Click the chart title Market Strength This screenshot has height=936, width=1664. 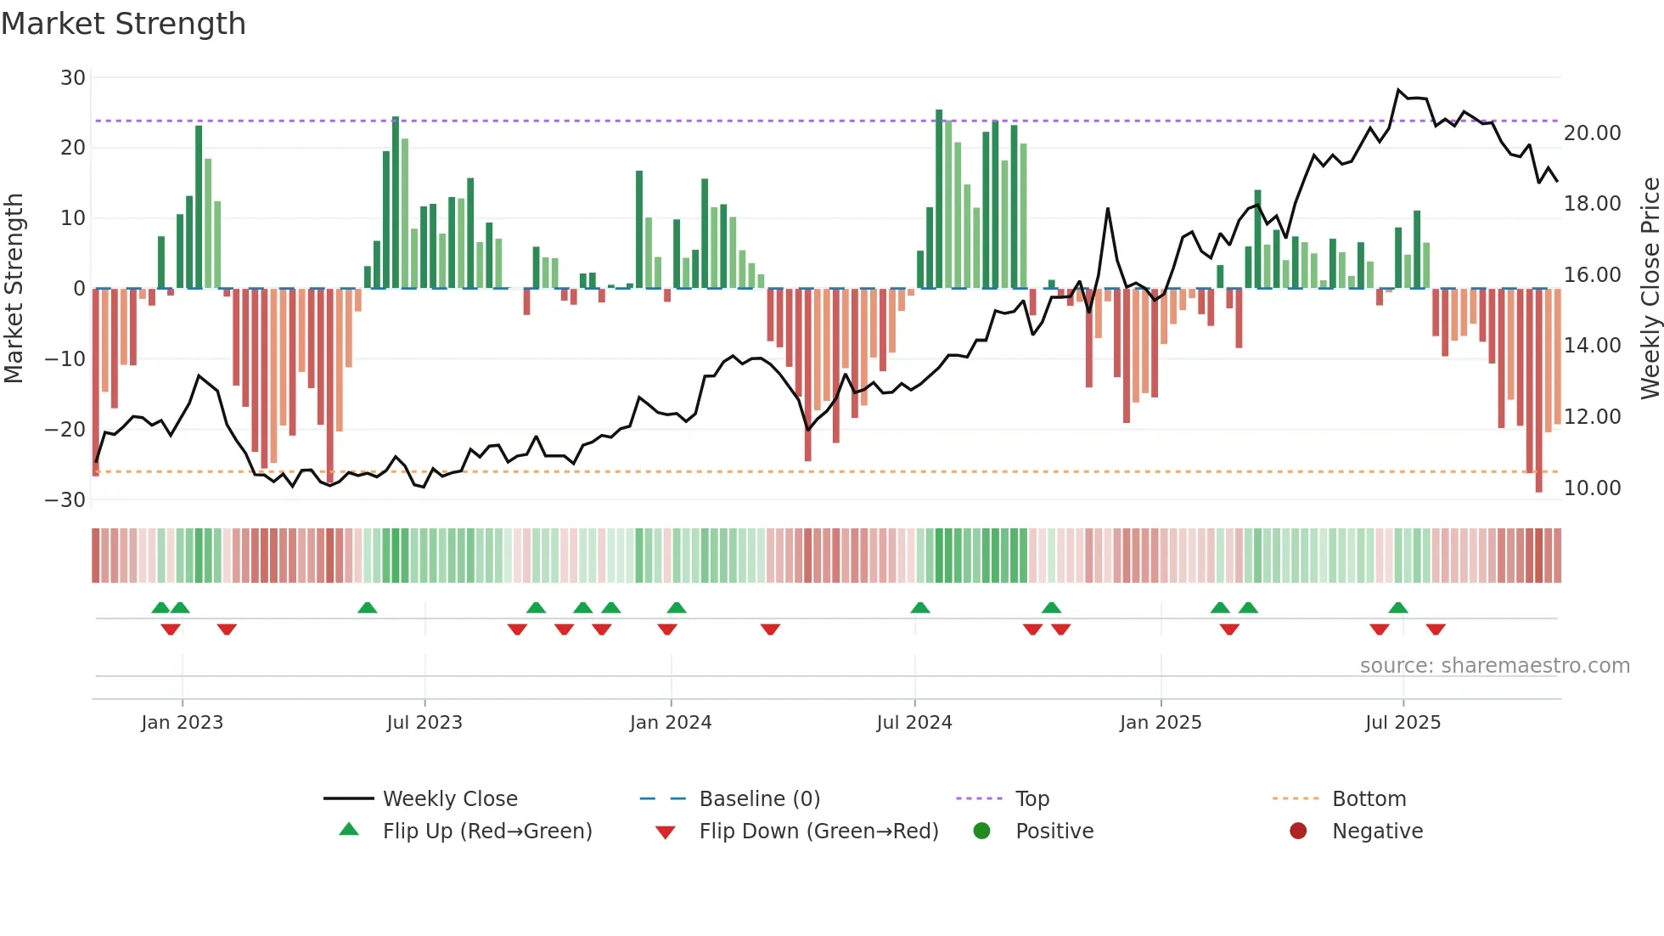coord(124,24)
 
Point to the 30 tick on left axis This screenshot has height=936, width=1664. coord(73,78)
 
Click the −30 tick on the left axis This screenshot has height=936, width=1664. coord(65,499)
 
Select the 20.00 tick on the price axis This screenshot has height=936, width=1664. coord(1592,133)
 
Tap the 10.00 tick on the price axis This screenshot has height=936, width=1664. coord(1592,488)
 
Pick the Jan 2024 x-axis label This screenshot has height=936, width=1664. coord(671,723)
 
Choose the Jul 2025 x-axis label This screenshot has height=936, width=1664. coord(1403,723)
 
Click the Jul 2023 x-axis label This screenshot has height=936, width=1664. coord(424,723)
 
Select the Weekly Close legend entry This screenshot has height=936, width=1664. coord(450,799)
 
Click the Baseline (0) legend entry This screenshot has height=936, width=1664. coord(759,799)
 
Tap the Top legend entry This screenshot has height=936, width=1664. coord(1032,799)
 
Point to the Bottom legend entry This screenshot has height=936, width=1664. coord(1369,799)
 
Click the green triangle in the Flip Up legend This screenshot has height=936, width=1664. coord(349,830)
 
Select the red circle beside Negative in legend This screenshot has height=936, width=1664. coord(1298,831)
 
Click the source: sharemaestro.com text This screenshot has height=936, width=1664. coord(1494,666)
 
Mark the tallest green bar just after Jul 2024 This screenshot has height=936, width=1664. coord(939,199)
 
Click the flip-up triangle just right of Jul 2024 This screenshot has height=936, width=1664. coord(920,607)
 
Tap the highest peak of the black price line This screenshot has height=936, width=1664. coord(1399,90)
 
